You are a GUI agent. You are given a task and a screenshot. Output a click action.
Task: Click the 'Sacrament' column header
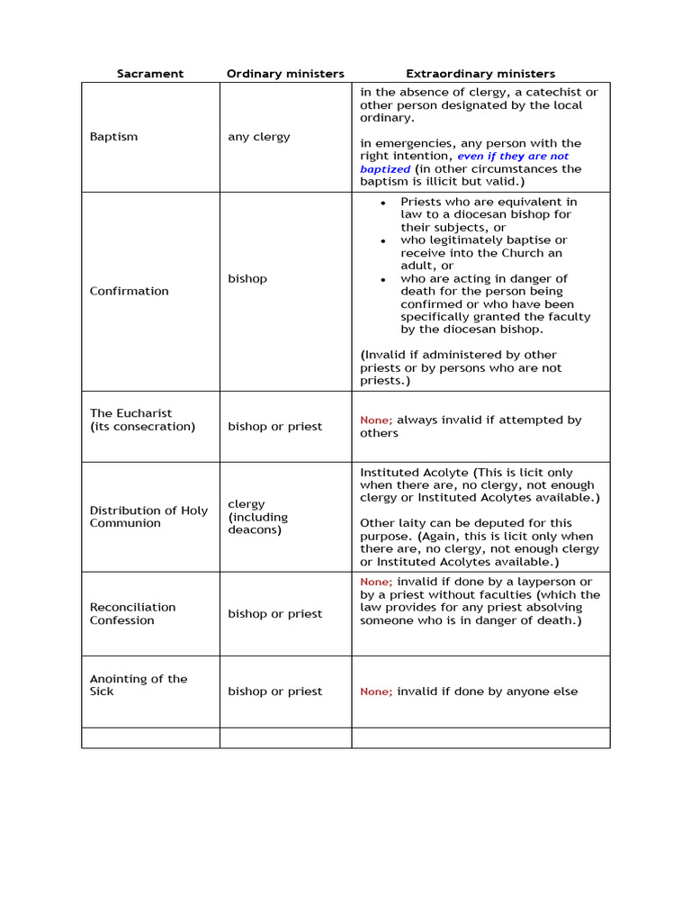pyautogui.click(x=149, y=74)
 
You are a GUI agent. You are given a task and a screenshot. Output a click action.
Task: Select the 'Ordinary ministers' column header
pyautogui.click(x=285, y=74)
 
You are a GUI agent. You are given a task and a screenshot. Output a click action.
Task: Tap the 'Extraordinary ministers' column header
pyautogui.click(x=480, y=74)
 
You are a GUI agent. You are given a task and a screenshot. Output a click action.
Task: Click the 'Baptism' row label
pyautogui.click(x=113, y=137)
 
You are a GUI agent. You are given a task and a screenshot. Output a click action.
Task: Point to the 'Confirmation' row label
pyautogui.click(x=129, y=291)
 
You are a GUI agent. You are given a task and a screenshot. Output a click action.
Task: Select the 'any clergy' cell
pyautogui.click(x=259, y=137)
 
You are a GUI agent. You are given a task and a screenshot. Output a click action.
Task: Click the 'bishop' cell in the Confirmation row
pyautogui.click(x=247, y=279)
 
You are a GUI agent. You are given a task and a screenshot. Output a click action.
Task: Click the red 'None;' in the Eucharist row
pyautogui.click(x=376, y=420)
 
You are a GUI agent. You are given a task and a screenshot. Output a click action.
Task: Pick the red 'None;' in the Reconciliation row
pyautogui.click(x=376, y=583)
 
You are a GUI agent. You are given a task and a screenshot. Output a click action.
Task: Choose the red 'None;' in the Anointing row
pyautogui.click(x=376, y=691)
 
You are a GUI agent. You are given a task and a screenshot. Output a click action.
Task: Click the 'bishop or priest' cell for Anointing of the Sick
pyautogui.click(x=274, y=691)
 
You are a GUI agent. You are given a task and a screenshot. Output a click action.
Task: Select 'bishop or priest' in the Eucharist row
pyautogui.click(x=274, y=427)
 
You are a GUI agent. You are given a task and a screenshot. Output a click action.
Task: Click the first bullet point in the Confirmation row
pyautogui.click(x=383, y=203)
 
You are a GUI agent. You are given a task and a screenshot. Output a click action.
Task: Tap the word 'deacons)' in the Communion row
pyautogui.click(x=255, y=530)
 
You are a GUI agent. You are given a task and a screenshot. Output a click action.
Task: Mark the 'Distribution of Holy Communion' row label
pyautogui.click(x=148, y=517)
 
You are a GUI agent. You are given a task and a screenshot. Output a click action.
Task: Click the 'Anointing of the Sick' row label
pyautogui.click(x=139, y=685)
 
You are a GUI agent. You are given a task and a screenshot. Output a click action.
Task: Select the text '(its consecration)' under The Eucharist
pyautogui.click(x=142, y=427)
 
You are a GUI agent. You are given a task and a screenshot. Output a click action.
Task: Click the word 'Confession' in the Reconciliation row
pyautogui.click(x=121, y=620)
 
